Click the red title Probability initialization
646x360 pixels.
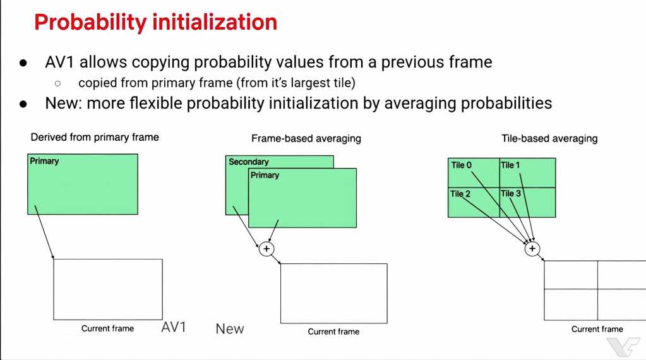[x=156, y=23]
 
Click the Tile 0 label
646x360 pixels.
[x=461, y=165]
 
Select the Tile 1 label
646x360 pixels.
[x=510, y=165]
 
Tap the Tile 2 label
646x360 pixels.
[x=460, y=194]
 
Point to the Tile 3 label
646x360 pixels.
[x=510, y=193]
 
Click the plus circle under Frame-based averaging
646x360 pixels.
[x=266, y=249]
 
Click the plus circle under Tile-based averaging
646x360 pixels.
[x=532, y=248]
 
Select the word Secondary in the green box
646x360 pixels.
[x=248, y=162]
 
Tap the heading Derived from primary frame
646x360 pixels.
[x=95, y=137]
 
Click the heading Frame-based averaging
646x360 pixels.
[x=306, y=138]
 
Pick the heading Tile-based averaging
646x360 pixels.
[x=549, y=138]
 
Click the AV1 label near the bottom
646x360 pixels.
[x=174, y=327]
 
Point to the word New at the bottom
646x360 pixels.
[x=230, y=328]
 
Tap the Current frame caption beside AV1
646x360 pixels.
[x=107, y=328]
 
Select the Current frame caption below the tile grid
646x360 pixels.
[x=597, y=329]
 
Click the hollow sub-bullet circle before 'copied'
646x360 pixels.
[x=57, y=83]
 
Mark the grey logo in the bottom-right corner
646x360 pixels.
[x=623, y=346]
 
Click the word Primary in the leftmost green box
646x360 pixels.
[x=44, y=161]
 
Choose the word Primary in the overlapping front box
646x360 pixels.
[x=265, y=175]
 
